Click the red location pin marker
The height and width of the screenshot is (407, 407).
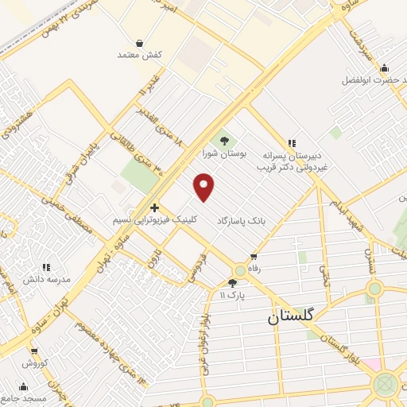[205, 187]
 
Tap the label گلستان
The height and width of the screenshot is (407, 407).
[290, 316]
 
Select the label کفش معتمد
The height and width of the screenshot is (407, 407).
[140, 55]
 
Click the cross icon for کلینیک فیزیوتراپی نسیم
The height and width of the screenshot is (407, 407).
[154, 207]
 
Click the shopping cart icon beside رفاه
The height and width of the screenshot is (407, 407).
[254, 257]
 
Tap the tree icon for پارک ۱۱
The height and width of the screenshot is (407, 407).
[232, 283]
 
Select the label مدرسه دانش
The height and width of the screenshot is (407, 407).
[46, 280]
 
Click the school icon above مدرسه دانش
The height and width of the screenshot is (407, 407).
[46, 268]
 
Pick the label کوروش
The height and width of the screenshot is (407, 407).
[34, 362]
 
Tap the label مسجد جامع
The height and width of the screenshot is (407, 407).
[28, 397]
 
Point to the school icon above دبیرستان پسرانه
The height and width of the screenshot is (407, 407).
[293, 144]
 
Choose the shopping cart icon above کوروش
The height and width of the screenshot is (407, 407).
[34, 351]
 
